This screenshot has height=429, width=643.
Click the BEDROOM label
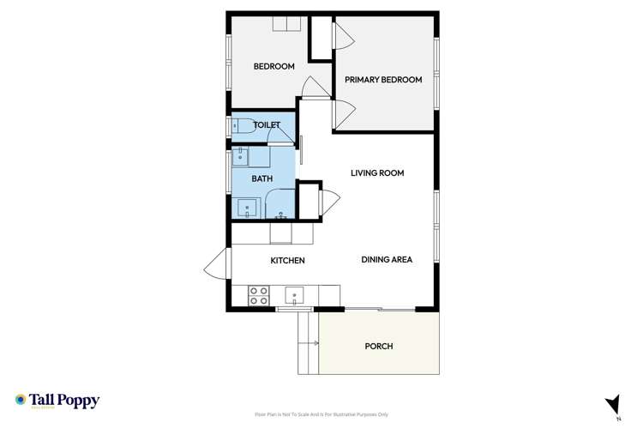(x=274, y=67)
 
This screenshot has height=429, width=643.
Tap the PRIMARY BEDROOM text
(x=383, y=80)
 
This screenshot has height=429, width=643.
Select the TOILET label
(x=267, y=125)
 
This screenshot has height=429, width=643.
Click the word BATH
(x=262, y=178)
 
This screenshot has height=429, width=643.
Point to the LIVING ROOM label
(x=377, y=173)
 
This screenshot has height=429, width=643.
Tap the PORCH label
(x=378, y=347)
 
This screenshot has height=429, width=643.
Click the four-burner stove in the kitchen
(x=259, y=296)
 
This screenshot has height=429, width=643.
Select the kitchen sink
(x=294, y=296)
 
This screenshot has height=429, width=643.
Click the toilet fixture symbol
(x=242, y=126)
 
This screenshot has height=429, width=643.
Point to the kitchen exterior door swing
(x=216, y=263)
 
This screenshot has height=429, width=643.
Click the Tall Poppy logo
(x=57, y=401)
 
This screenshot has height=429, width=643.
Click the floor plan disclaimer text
(x=321, y=414)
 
